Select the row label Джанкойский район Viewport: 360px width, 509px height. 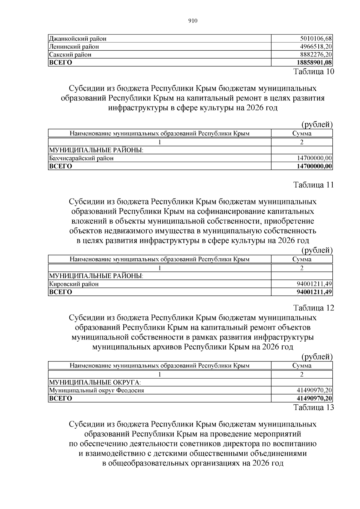point(78,39)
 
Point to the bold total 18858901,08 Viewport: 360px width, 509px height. point(314,62)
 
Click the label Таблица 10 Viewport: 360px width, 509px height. point(313,72)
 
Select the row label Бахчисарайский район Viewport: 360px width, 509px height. point(81,158)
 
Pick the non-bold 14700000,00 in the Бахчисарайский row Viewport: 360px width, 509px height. point(314,158)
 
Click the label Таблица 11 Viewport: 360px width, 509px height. point(313,185)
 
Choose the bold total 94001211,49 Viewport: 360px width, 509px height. point(314,292)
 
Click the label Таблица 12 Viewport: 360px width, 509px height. point(313,308)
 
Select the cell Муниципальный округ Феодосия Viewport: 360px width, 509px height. point(97,391)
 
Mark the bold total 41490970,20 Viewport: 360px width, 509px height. point(314,398)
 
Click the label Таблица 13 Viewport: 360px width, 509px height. point(313,407)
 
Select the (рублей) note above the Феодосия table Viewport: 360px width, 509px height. point(317,357)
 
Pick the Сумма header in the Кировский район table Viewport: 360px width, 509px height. point(302,259)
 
